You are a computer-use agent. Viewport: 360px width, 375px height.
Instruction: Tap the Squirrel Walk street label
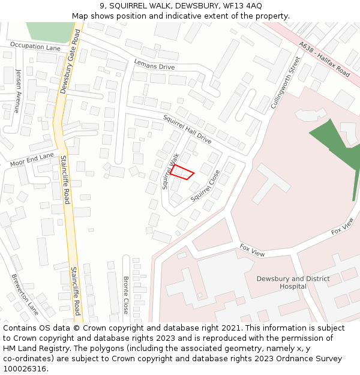[x=171, y=171]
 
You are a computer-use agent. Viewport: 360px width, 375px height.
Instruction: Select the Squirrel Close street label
[x=206, y=185]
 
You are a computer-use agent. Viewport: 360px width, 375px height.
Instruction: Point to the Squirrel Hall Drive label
[x=187, y=128]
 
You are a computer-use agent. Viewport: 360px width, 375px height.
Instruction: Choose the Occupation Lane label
[x=35, y=47]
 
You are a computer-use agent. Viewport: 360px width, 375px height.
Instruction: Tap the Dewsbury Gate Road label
[x=70, y=64]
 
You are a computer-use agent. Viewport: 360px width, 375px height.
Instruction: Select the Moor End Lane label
[x=32, y=160]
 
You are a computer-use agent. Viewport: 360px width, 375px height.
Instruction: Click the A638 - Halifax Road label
[x=325, y=59]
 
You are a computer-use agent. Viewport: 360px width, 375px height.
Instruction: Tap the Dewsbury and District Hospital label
[x=293, y=283]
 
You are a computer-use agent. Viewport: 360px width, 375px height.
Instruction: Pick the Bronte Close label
[x=126, y=295]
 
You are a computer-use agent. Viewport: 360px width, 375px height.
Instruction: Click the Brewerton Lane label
[x=25, y=295]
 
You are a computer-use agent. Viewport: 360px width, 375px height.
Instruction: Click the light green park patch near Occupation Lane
[x=50, y=32]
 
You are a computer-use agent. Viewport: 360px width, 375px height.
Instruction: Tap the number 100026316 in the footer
[x=24, y=369]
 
